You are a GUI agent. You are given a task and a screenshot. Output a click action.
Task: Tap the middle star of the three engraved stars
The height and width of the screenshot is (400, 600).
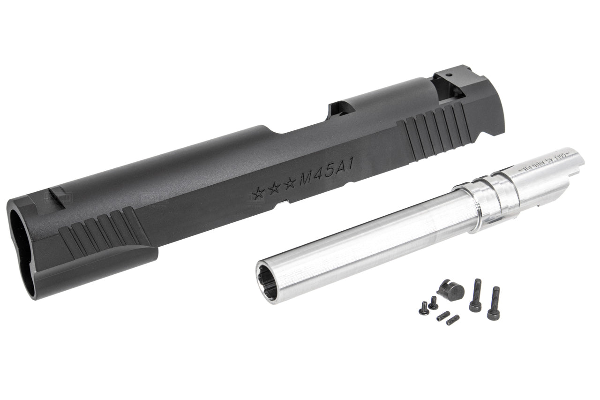tap(274, 188)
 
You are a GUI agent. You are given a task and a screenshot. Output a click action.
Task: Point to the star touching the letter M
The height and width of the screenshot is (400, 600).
tap(290, 183)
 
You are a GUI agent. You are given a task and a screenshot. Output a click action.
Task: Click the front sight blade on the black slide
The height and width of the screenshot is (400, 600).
tap(58, 193)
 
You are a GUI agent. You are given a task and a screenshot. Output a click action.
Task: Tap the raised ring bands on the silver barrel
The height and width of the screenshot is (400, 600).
tap(492, 197)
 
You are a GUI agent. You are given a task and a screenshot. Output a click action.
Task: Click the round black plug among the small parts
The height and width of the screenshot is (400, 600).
tap(453, 291)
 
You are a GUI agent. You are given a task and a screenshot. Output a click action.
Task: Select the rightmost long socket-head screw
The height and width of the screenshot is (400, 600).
tap(494, 303)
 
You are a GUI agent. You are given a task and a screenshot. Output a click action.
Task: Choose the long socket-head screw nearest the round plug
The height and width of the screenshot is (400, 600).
tap(476, 295)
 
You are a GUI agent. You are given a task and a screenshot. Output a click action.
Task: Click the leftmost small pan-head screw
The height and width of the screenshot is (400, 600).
tap(424, 309)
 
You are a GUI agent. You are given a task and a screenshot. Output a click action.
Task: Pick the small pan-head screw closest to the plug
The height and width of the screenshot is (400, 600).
tap(433, 303)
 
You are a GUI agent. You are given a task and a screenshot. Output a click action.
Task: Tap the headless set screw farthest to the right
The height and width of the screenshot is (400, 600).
tap(452, 320)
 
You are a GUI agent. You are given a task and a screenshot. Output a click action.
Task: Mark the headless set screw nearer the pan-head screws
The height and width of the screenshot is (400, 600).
tap(443, 316)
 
